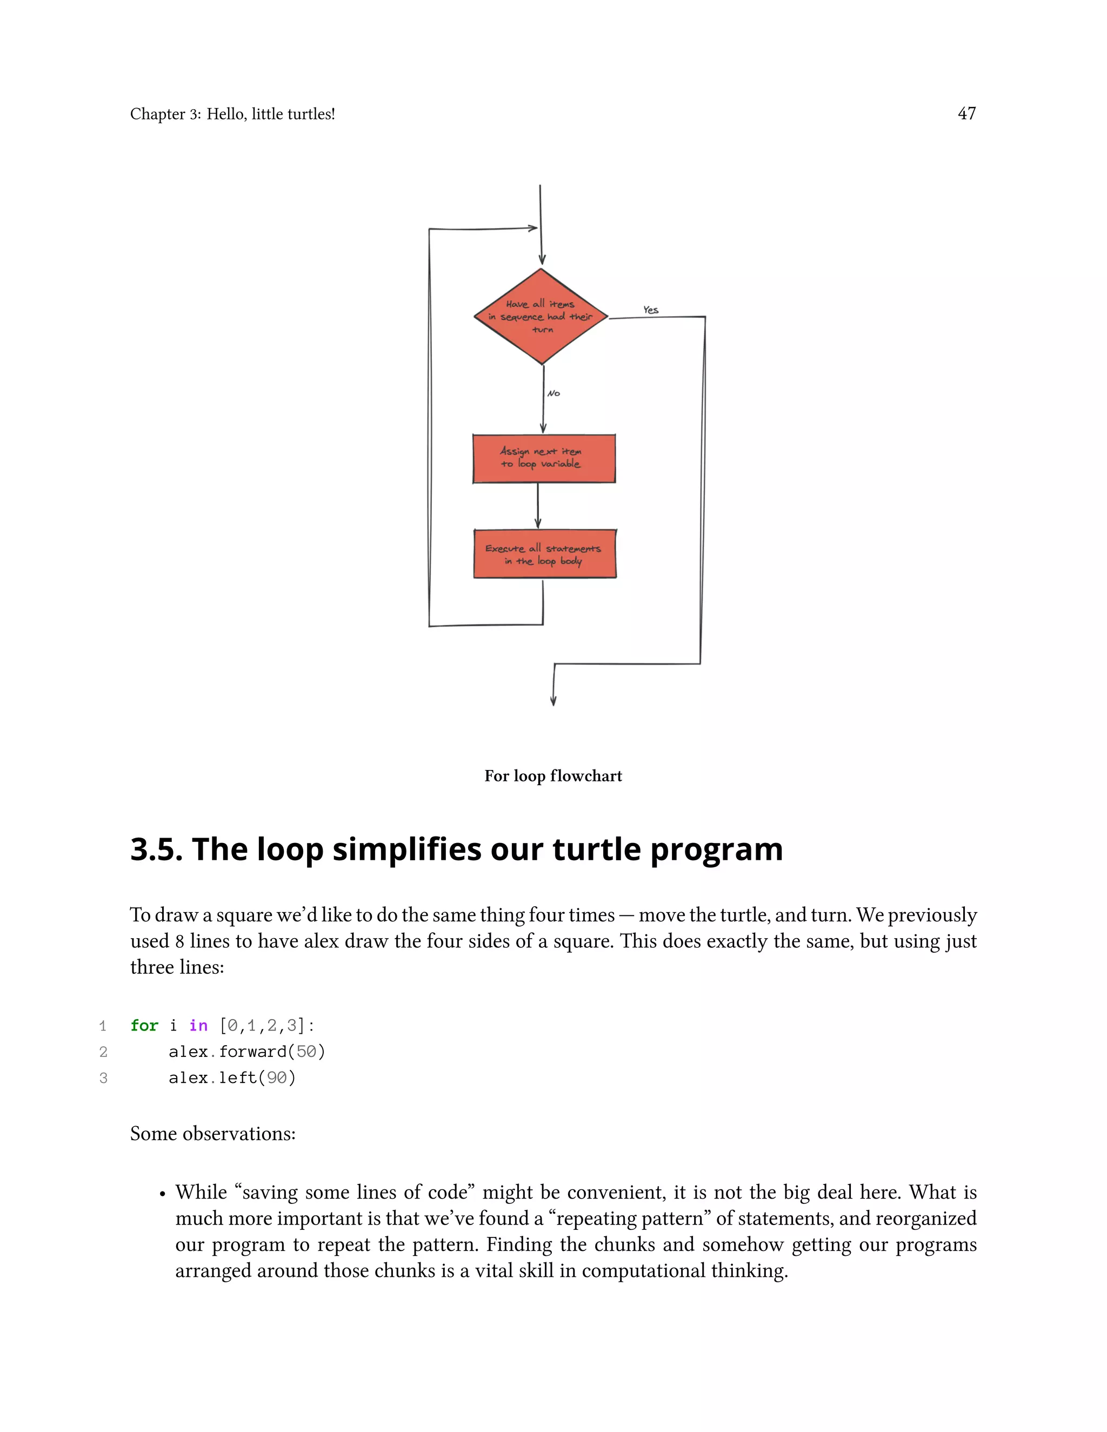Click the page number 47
point(966,113)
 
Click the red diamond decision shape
point(541,317)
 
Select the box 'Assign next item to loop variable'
point(544,458)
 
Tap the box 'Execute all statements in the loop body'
point(544,554)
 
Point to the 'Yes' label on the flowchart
point(651,310)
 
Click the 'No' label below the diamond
point(553,393)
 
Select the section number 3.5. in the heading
point(156,850)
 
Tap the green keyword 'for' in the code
point(144,1026)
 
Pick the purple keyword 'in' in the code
point(198,1026)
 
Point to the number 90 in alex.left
point(276,1078)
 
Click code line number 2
point(103,1052)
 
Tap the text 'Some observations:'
point(212,1134)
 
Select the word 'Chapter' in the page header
point(157,114)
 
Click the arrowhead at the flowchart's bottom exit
point(553,701)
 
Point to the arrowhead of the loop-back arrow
point(533,228)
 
